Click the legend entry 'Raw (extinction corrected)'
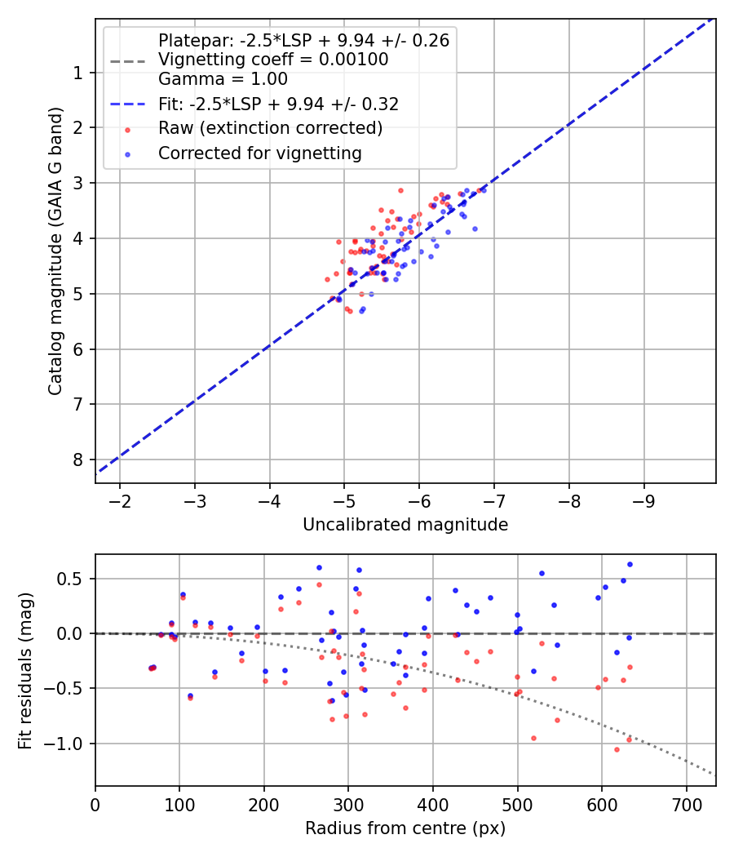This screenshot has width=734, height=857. (x=270, y=128)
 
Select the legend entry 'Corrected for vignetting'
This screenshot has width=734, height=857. (x=260, y=153)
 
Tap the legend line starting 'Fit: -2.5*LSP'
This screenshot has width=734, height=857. (x=279, y=104)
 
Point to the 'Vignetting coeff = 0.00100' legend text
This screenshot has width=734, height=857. (x=273, y=59)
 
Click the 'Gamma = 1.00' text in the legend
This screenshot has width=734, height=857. (x=223, y=78)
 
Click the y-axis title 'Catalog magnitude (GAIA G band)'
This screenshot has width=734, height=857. (x=55, y=251)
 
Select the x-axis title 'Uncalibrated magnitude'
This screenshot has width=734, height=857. (x=405, y=525)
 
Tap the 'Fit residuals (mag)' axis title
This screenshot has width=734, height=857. (x=25, y=671)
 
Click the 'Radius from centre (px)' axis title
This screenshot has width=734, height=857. (x=405, y=828)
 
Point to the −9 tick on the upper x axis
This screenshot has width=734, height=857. (x=644, y=501)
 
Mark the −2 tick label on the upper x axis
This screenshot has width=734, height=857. (x=120, y=501)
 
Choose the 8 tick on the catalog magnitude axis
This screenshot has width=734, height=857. (x=78, y=460)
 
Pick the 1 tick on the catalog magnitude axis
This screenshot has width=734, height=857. (x=78, y=73)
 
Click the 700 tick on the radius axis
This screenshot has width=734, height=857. (x=687, y=805)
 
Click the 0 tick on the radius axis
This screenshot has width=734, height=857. (x=95, y=805)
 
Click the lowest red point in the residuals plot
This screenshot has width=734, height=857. (x=617, y=750)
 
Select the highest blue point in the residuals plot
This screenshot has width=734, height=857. (x=630, y=565)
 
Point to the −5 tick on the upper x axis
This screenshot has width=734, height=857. (x=344, y=501)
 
